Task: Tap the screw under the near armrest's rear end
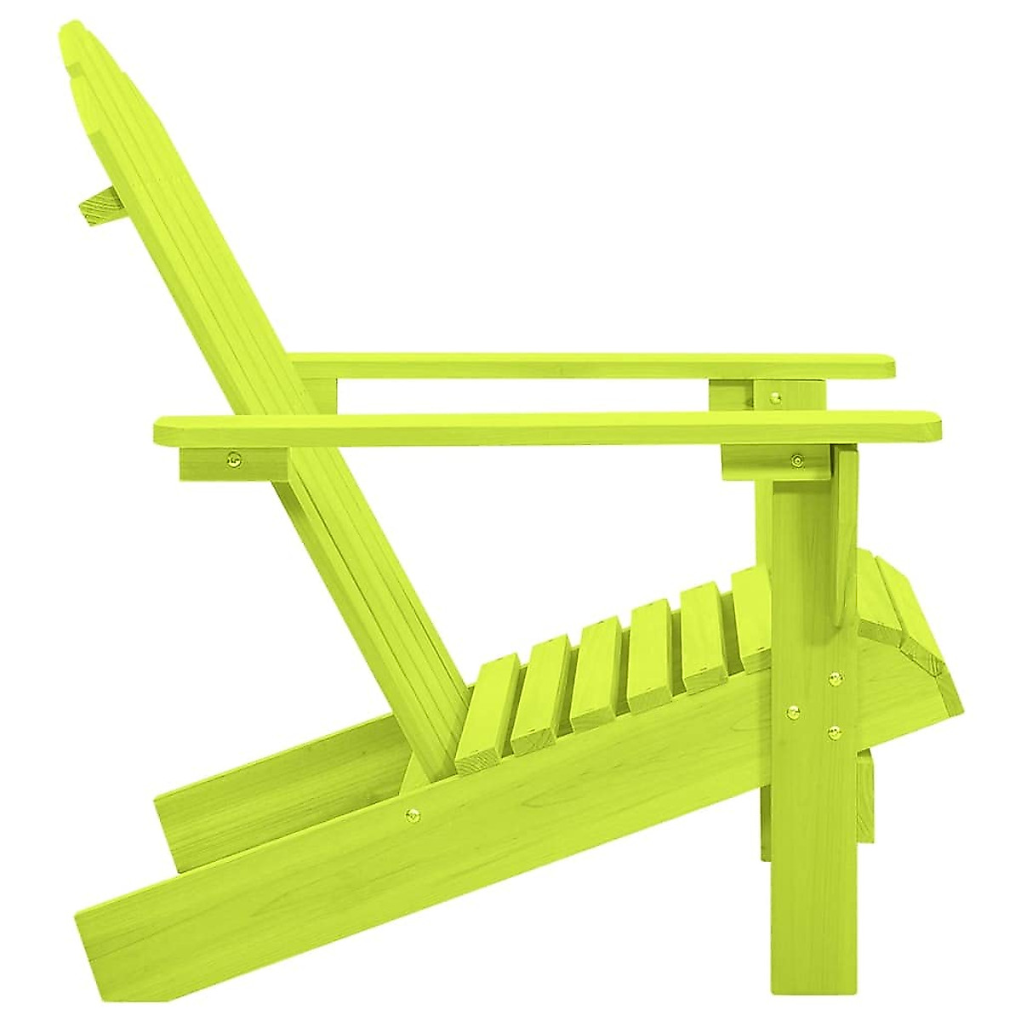coord(231,463)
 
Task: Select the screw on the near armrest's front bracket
coord(796,461)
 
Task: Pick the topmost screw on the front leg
coord(835,678)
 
